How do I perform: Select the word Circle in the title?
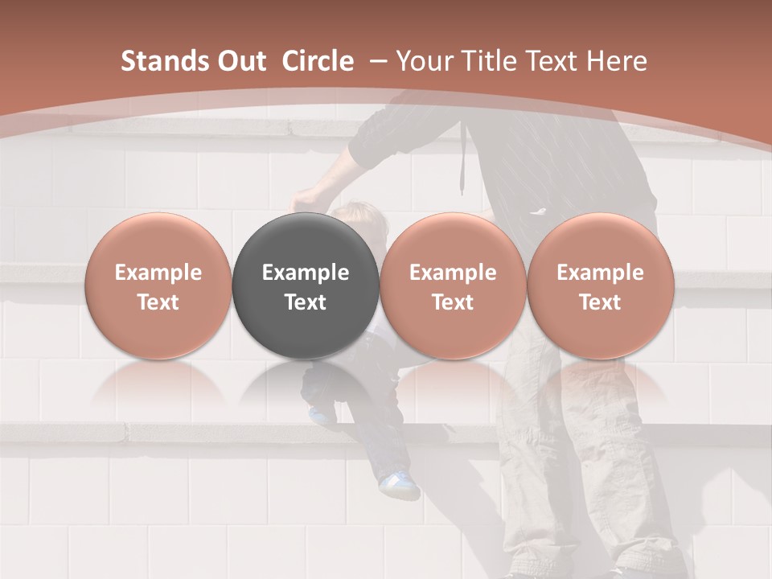tap(318, 61)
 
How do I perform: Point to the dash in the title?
tap(378, 61)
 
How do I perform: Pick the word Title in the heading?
tap(491, 61)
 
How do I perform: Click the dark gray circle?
tap(306, 285)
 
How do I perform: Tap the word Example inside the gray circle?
tap(306, 273)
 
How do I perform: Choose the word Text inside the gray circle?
tap(306, 302)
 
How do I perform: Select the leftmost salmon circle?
tap(158, 285)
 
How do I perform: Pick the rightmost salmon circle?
tap(600, 285)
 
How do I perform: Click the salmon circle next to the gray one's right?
tap(453, 285)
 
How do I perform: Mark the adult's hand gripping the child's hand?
tap(306, 198)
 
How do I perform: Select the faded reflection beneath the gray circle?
tap(306, 386)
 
